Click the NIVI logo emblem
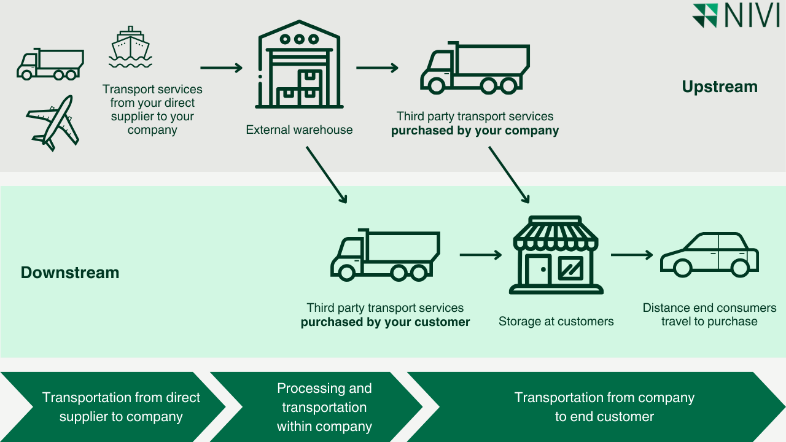[x=705, y=16]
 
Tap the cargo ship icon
[x=130, y=48]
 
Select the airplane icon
[x=53, y=123]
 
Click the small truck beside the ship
[x=50, y=64]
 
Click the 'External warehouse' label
[x=299, y=130]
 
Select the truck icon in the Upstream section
[x=475, y=68]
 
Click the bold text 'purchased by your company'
[x=475, y=131]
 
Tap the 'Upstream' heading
[x=719, y=87]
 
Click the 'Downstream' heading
[x=70, y=273]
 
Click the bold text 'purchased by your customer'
[x=385, y=322]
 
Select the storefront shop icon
[x=555, y=255]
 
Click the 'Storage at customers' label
[x=556, y=322]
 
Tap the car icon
[x=709, y=255]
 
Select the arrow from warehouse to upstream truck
[x=377, y=68]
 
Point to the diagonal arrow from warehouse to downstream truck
[x=326, y=174]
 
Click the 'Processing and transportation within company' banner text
[x=324, y=407]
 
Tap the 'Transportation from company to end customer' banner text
[x=604, y=407]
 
